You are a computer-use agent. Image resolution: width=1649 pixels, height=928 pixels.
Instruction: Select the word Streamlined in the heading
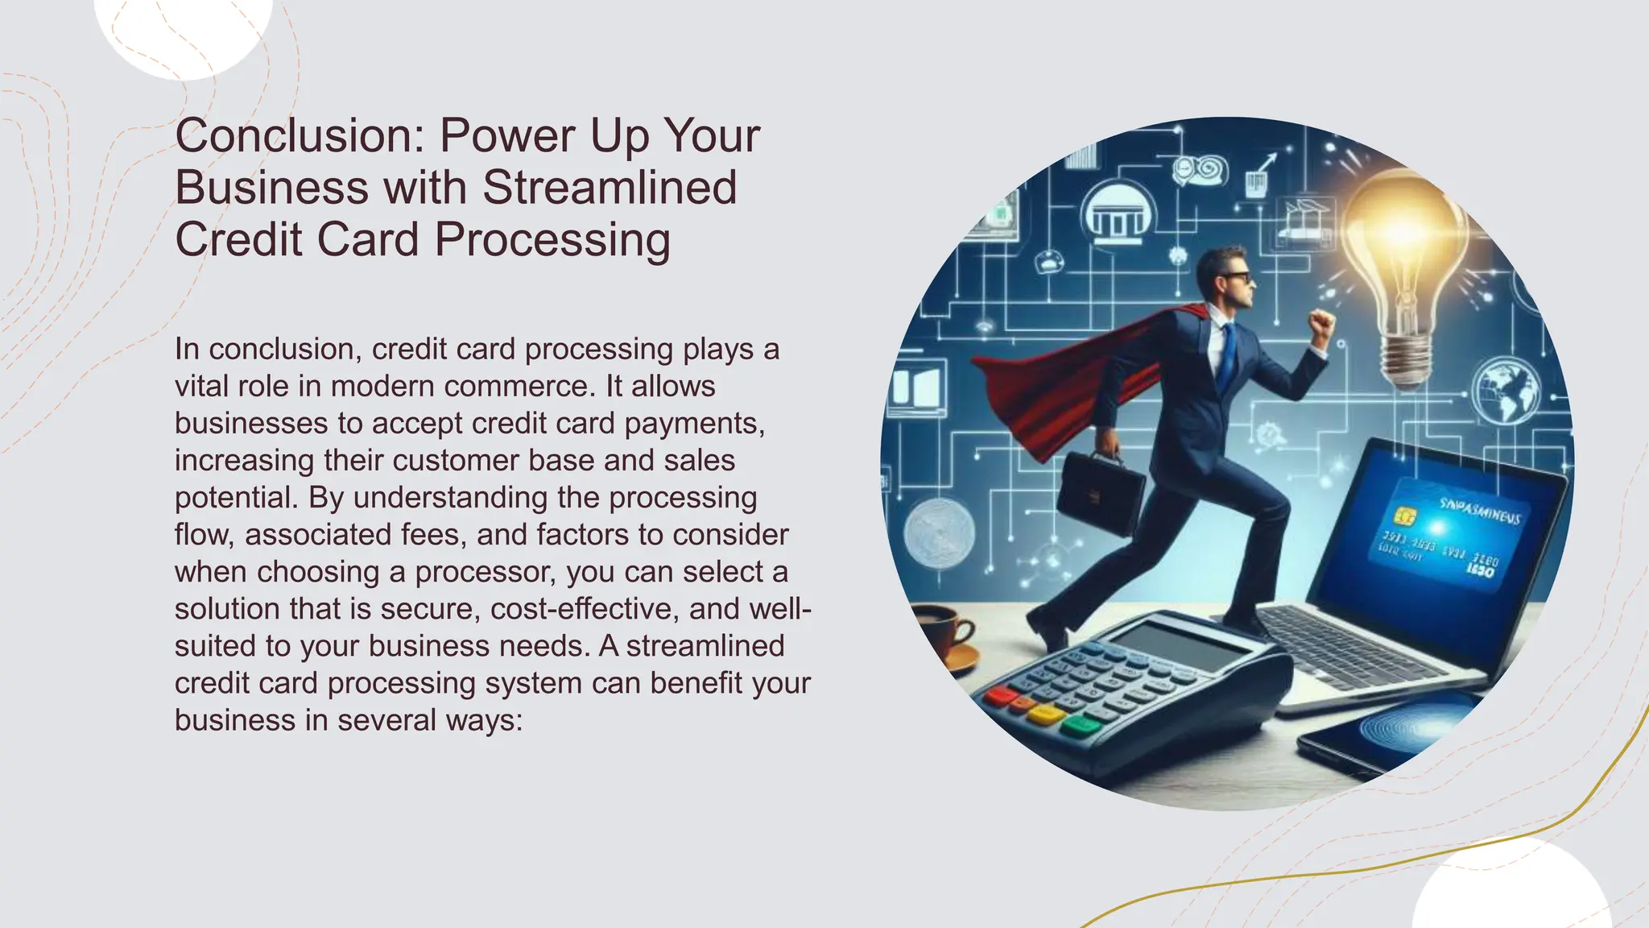click(x=610, y=187)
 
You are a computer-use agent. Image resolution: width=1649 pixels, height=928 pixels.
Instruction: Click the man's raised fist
click(x=1320, y=325)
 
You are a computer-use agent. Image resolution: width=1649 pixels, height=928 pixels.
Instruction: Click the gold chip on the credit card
click(x=1405, y=516)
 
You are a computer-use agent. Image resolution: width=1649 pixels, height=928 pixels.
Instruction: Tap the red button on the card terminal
click(x=999, y=694)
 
